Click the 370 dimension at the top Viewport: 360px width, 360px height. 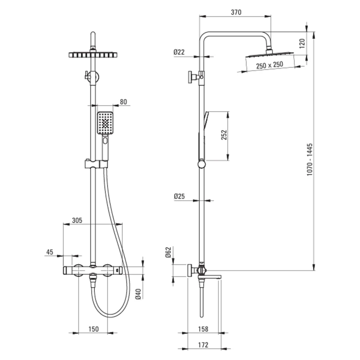pos(236,12)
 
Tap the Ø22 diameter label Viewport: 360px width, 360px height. pos(179,52)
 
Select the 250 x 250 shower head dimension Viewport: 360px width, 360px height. pos(270,65)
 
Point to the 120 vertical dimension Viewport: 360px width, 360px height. pos(302,43)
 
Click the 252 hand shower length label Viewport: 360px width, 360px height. pos(224,135)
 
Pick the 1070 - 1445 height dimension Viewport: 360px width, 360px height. pos(310,160)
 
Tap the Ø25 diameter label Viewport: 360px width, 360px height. pos(180,197)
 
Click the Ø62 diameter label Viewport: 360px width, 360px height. pos(168,252)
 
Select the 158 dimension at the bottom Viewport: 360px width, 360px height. pos(203,329)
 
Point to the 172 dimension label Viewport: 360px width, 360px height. pos(203,344)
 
